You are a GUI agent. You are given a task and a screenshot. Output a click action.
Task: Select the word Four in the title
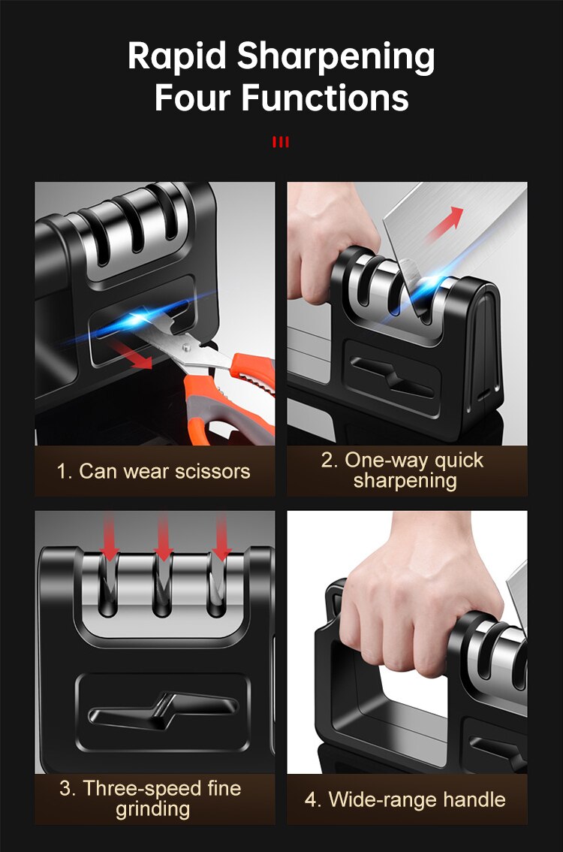192,98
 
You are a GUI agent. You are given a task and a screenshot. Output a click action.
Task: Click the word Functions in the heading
325,98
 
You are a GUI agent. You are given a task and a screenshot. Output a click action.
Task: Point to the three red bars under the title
281,142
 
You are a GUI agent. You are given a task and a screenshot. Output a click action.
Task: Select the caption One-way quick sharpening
406,470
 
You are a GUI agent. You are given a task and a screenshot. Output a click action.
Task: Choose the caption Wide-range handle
406,799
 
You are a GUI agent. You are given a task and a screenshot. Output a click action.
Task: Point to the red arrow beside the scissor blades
135,355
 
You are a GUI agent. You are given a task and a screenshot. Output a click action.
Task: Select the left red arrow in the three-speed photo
110,537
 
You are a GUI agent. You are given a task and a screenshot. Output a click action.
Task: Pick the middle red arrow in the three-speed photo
164,537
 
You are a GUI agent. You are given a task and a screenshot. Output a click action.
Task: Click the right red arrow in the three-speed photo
221,537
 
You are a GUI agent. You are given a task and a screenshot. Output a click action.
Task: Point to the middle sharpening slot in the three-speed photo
164,594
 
